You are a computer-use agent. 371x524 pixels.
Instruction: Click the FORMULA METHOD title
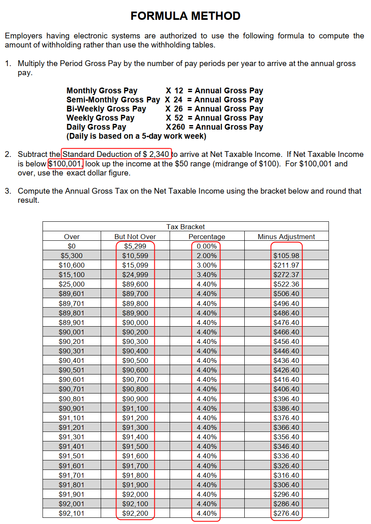coord(185,16)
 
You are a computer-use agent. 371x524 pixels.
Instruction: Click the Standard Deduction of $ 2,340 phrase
coord(116,154)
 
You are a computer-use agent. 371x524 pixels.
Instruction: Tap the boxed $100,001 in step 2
coord(66,164)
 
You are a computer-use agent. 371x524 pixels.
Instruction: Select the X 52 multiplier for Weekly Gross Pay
coord(174,118)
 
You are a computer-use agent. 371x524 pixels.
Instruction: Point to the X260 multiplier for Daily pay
coord(175,127)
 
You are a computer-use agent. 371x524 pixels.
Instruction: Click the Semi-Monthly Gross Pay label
coord(113,100)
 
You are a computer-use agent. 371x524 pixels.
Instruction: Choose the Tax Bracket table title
coord(185,227)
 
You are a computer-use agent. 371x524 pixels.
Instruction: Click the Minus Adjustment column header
coord(286,237)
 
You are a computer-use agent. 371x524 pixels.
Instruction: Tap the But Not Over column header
coord(135,237)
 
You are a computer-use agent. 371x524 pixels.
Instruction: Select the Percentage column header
coord(207,237)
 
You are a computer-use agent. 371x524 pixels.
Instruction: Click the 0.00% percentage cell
coord(207,246)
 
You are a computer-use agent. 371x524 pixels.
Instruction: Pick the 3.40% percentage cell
coord(207,275)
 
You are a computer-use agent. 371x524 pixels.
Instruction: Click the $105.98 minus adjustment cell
coord(286,256)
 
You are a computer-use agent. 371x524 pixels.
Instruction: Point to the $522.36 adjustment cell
coord(286,284)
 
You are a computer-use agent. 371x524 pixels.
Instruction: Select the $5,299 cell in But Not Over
coord(135,246)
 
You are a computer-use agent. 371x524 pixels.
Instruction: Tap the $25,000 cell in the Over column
coord(72,284)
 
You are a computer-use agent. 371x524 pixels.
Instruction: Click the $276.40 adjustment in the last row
coord(286,513)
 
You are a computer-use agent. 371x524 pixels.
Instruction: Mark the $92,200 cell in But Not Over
coord(135,513)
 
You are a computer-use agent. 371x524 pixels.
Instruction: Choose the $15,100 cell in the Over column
coord(72,275)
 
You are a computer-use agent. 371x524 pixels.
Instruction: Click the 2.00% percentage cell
coord(207,256)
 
